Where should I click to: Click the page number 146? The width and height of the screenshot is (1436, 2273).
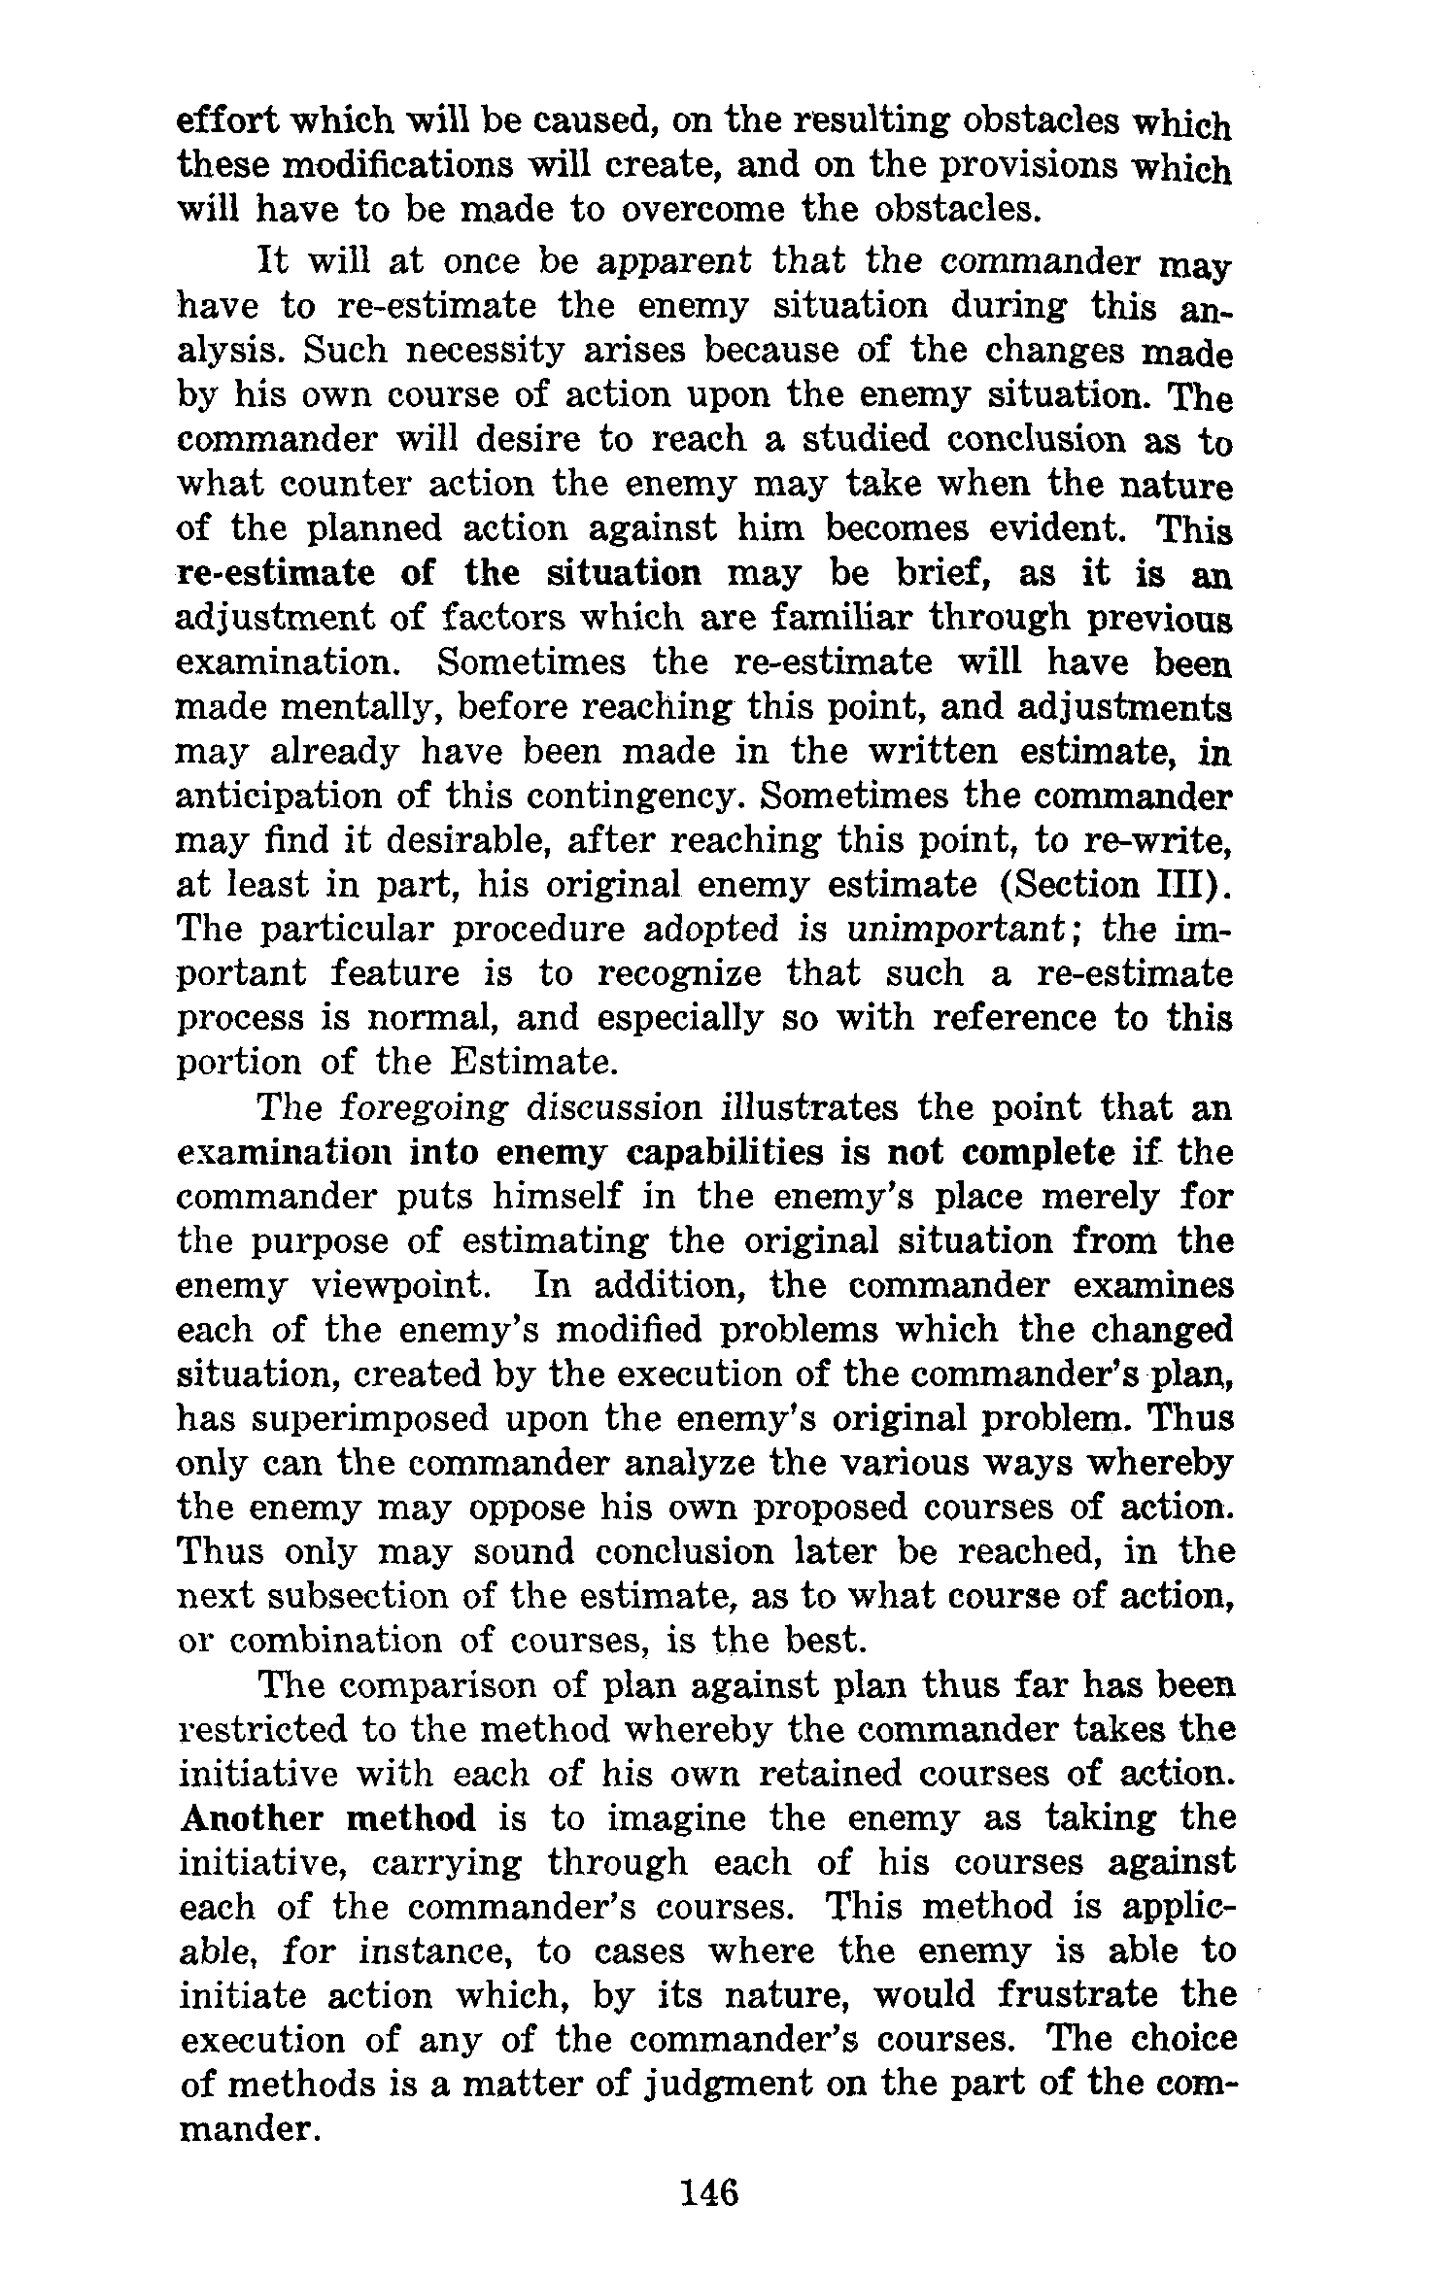click(x=710, y=2192)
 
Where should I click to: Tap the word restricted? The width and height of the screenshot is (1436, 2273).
click(x=261, y=1729)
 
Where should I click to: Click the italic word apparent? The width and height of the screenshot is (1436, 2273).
click(x=673, y=262)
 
